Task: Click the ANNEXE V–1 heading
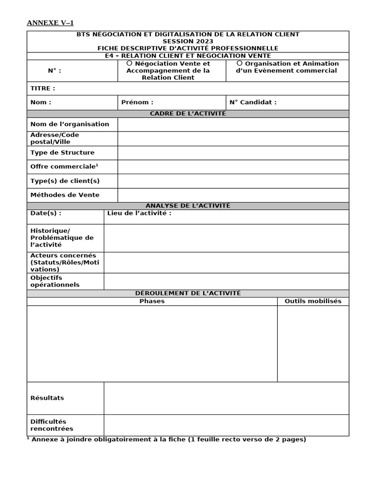tap(50, 23)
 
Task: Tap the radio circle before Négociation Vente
tap(129, 63)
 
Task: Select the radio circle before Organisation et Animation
tap(239, 63)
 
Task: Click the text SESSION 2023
tap(188, 41)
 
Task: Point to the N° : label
tap(54, 70)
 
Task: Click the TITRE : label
tap(43, 89)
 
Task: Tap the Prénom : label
tap(137, 102)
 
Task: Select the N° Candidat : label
tap(253, 102)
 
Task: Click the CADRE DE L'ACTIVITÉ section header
tap(188, 114)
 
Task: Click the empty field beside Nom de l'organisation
tap(233, 124)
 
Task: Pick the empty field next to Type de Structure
tap(233, 153)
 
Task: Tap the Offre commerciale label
tap(64, 167)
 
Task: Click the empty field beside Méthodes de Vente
tap(233, 195)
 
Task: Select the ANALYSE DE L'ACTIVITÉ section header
tap(188, 206)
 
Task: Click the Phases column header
tap(152, 301)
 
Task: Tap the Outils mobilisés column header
tap(313, 301)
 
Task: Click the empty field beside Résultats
tap(226, 398)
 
